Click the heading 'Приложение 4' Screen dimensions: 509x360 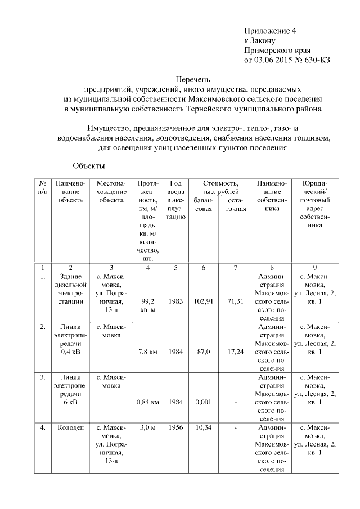(x=268, y=30)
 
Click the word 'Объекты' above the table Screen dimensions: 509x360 (x=89, y=166)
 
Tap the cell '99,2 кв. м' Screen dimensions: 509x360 (x=148, y=305)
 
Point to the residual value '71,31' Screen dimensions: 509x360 (x=235, y=301)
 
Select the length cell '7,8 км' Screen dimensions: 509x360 (x=148, y=352)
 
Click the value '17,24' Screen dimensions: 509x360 (x=235, y=352)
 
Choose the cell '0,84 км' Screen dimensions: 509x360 (x=148, y=402)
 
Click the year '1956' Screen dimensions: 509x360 (x=175, y=428)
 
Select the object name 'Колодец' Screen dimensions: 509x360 (x=70, y=428)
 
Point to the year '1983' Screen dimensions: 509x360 (x=175, y=301)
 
